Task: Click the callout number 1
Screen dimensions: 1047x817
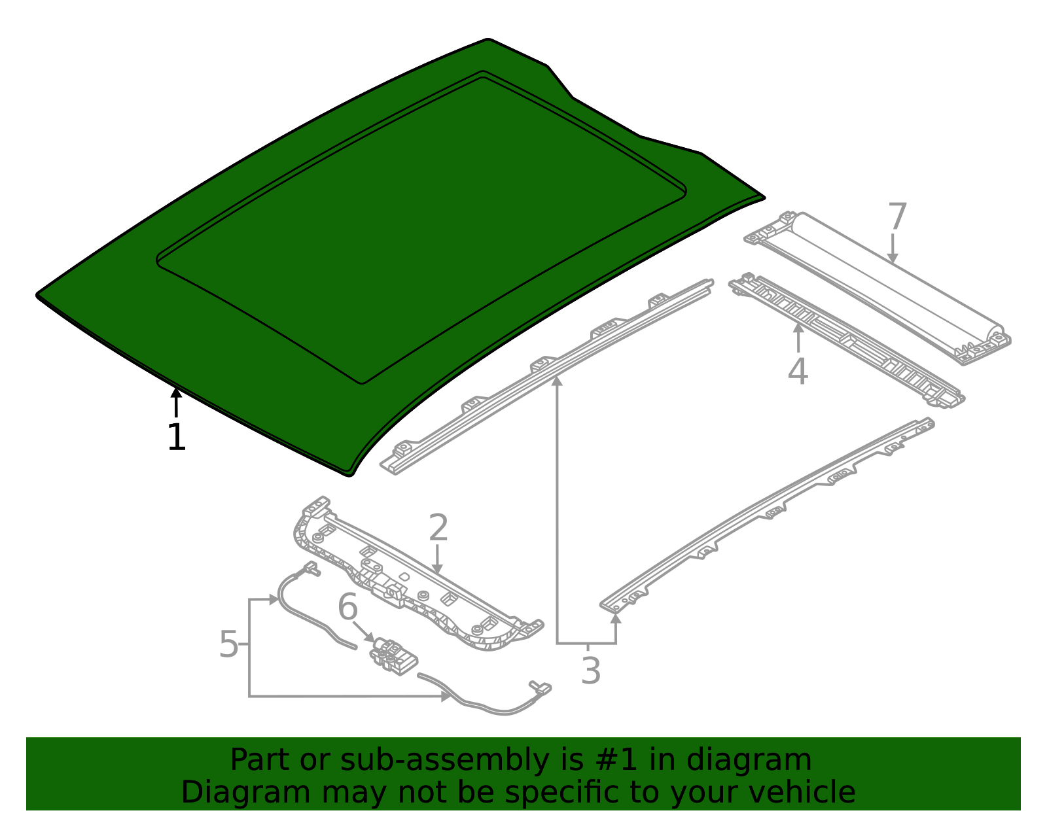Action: coord(176,437)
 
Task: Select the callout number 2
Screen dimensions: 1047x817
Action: coord(438,528)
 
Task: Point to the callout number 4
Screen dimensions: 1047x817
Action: coord(798,371)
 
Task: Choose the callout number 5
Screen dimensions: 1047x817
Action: coord(228,644)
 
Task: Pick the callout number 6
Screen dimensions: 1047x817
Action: coord(348,606)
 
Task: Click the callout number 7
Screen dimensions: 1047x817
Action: coord(897,216)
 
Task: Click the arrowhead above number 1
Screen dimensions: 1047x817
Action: coord(176,392)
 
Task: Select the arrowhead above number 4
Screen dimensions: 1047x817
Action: coord(798,329)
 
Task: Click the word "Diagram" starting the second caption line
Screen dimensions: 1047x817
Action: coord(245,793)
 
